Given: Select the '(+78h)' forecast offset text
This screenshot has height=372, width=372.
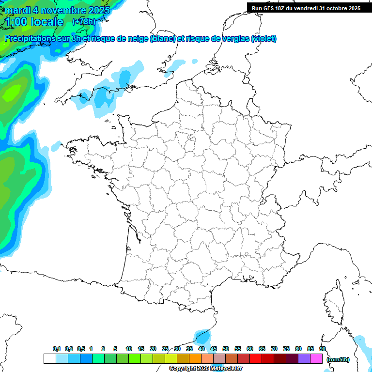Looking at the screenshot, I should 84,22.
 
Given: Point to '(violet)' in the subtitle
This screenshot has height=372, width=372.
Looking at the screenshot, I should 264,39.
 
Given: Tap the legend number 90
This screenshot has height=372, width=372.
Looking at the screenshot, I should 323,349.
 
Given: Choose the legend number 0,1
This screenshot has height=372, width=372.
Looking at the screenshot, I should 57,349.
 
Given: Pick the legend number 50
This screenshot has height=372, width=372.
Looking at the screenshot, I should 226,349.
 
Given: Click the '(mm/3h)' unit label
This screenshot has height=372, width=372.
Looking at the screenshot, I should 338,359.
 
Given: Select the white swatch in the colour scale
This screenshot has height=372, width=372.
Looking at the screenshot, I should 49,359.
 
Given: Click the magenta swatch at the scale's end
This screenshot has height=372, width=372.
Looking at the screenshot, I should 316,359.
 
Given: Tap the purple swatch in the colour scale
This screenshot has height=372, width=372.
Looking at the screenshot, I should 304,359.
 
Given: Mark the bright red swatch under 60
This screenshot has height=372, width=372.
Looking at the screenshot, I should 256,359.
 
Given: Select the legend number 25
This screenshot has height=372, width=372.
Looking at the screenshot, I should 165,349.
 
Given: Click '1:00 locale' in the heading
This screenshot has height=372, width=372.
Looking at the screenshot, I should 35,22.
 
